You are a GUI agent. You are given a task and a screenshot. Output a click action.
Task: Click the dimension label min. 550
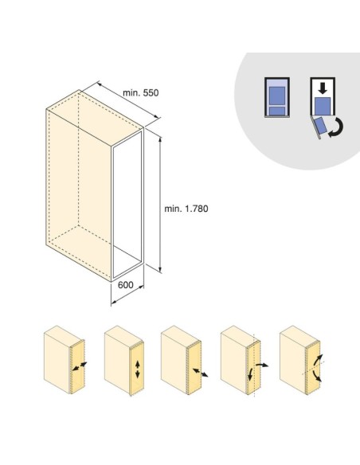[140, 93]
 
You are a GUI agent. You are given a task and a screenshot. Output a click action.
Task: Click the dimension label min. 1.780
[186, 209]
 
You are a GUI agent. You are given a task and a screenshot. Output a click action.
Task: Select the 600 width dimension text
[126, 285]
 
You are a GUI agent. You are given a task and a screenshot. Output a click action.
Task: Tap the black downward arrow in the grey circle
[323, 88]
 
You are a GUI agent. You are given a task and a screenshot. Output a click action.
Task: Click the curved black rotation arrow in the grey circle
[338, 128]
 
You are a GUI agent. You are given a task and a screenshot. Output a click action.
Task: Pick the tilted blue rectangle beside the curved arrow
[320, 126]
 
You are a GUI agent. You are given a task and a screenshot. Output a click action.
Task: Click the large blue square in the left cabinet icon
[277, 96]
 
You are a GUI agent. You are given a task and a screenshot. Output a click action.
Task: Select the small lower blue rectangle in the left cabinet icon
[277, 111]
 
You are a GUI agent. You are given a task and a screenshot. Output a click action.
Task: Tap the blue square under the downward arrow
[323, 106]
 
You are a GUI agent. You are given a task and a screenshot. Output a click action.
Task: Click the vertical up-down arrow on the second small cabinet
[137, 369]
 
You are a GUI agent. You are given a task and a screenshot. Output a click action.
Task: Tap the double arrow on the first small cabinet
[80, 366]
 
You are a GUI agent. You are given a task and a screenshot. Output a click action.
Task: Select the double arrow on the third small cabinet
[200, 373]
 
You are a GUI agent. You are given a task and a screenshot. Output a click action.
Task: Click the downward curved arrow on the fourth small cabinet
[250, 374]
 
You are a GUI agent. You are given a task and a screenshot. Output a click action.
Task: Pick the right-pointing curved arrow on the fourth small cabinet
[262, 365]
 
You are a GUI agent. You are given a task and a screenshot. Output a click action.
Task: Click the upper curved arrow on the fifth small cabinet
[319, 361]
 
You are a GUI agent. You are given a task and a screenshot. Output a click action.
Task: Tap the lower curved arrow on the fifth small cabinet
[317, 376]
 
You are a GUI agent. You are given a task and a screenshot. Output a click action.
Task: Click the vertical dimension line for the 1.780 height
[160, 205]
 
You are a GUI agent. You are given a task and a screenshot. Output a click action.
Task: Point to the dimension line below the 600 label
[127, 295]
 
